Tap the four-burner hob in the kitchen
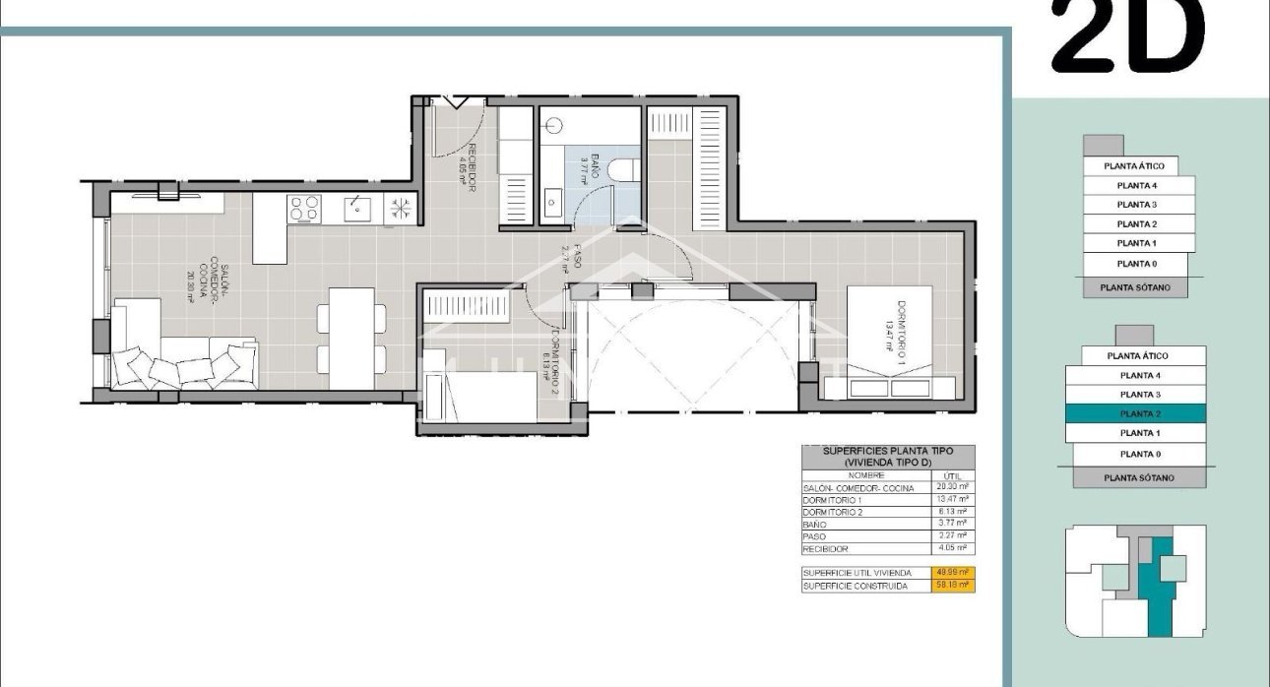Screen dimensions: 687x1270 tap(304, 208)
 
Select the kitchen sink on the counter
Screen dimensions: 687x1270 tap(356, 208)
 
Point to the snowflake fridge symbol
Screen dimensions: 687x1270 tap(401, 208)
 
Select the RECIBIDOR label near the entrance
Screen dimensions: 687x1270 tap(471, 168)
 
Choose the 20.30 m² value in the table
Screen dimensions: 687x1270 tap(952, 488)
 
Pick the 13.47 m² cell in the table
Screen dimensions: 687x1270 tap(952, 500)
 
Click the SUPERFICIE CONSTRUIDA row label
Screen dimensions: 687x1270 tap(855, 586)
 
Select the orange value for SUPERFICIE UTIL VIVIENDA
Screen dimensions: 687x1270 tap(952, 573)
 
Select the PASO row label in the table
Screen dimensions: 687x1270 tap(814, 536)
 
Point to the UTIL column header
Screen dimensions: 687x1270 tap(952, 474)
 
